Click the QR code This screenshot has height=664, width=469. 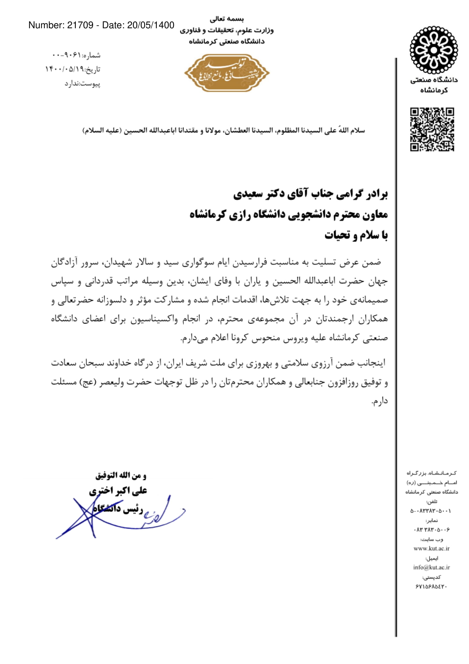tap(432, 129)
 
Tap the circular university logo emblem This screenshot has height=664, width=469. tap(434, 50)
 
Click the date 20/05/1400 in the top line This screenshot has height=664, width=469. tap(151, 26)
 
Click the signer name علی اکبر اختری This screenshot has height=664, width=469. tap(118, 491)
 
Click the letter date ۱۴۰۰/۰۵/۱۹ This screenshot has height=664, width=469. tap(64, 69)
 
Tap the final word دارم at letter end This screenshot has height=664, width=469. tap(379, 401)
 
